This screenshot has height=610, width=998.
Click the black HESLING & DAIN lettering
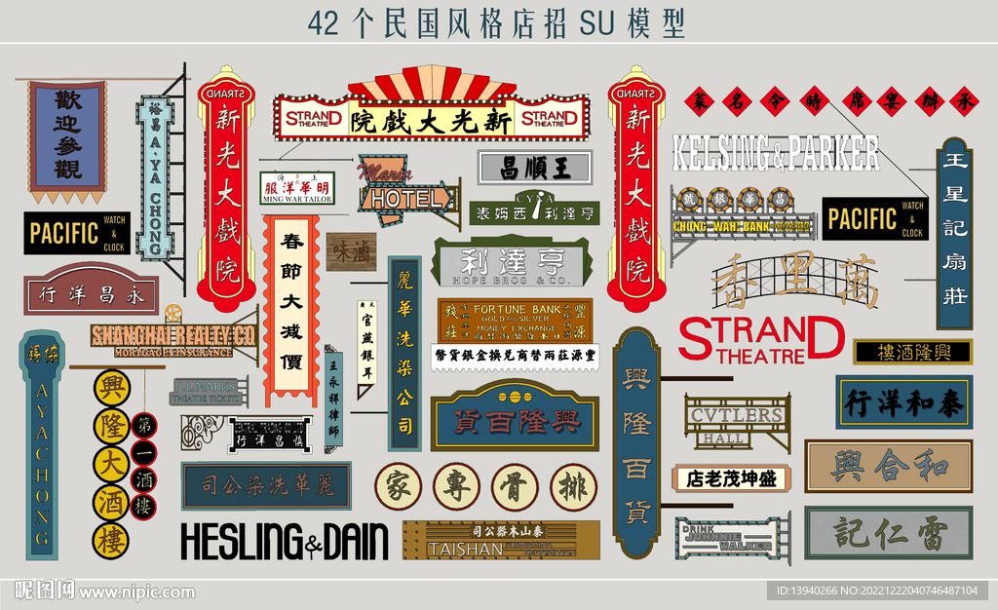(x=284, y=540)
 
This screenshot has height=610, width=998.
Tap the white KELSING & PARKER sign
(x=776, y=153)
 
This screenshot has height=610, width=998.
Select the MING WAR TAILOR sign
(x=296, y=188)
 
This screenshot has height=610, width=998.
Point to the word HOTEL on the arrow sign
(x=404, y=199)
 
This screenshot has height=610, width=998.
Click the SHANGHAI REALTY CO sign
(x=173, y=335)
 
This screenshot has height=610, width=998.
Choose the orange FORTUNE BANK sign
(x=516, y=320)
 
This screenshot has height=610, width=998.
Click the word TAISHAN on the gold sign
(x=465, y=549)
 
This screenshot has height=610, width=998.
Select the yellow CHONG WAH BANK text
(x=722, y=227)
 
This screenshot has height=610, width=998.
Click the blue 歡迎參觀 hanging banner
(x=67, y=136)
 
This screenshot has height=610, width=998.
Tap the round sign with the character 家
(x=398, y=486)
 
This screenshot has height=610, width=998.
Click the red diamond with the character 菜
(x=699, y=100)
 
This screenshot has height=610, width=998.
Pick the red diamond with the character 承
(x=965, y=100)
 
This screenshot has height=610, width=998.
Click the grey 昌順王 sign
(x=535, y=166)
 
